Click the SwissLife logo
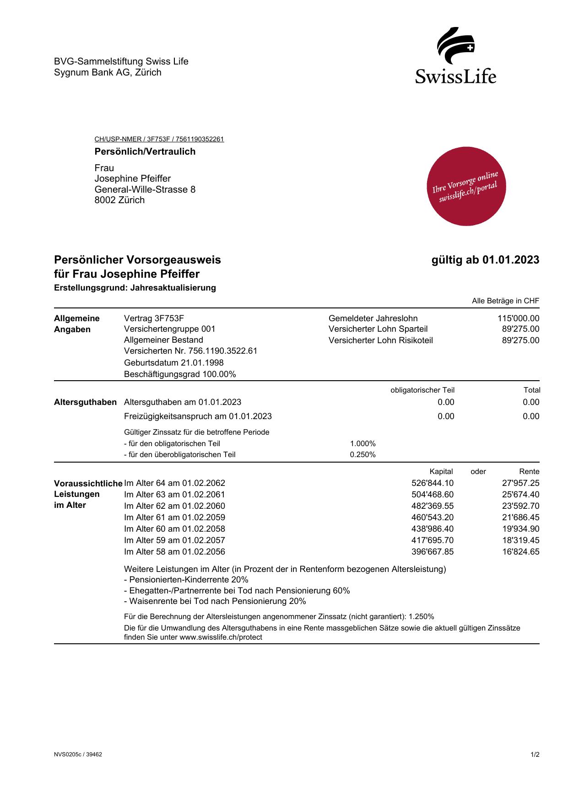point(456,55)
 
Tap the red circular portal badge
point(466,186)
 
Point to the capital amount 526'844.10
point(433,483)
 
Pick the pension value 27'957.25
point(520,483)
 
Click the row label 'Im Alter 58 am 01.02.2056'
point(174,552)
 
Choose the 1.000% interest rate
point(362,444)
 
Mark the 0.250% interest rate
point(362,455)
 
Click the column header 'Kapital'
point(441,472)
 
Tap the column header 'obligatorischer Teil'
point(422,390)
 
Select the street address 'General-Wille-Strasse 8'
point(145,189)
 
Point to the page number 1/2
point(535,755)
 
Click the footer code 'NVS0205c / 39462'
point(78,755)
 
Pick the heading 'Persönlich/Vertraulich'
point(145,151)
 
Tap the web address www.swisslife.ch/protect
point(221,637)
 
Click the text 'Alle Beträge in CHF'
point(505,301)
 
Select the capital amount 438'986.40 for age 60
point(433,529)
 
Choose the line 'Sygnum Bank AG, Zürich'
point(108,72)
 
